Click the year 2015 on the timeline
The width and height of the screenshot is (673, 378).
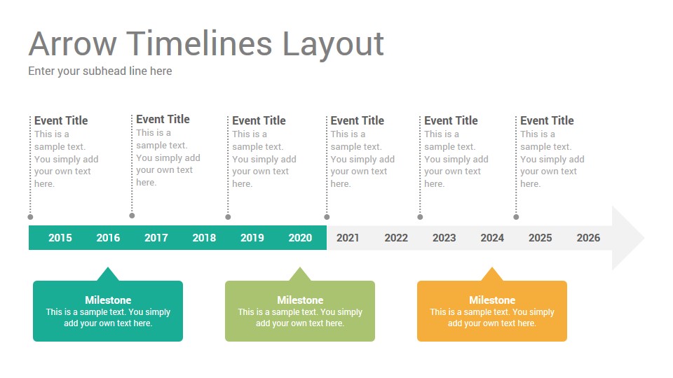[x=60, y=238]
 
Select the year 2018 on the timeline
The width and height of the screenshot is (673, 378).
[x=204, y=238]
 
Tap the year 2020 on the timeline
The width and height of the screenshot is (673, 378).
[x=300, y=238]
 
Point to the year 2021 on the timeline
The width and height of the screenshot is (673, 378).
[x=348, y=238]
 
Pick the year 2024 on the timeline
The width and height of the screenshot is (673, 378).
[x=492, y=238]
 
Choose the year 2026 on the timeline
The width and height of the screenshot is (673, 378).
[x=588, y=238]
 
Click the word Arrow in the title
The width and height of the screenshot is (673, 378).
[x=72, y=44]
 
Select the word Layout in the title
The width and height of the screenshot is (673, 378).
[x=333, y=44]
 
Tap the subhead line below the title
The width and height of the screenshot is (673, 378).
[x=100, y=71]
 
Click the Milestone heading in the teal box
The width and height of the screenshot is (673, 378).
[x=108, y=300]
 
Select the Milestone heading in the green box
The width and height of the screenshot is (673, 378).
[x=300, y=300]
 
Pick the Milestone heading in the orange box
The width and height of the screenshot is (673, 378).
[x=492, y=300]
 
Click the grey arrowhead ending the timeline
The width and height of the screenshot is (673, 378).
[x=627, y=238]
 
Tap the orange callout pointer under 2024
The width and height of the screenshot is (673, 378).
[x=492, y=274]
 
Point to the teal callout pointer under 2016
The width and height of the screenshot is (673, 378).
[x=107, y=274]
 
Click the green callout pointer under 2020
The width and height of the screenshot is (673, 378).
[x=300, y=274]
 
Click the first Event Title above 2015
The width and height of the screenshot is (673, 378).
[x=61, y=120]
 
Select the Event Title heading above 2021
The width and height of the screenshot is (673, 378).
[x=358, y=120]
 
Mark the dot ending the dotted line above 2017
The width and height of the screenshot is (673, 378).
[x=132, y=216]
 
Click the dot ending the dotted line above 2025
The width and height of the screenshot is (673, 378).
[x=516, y=217]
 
